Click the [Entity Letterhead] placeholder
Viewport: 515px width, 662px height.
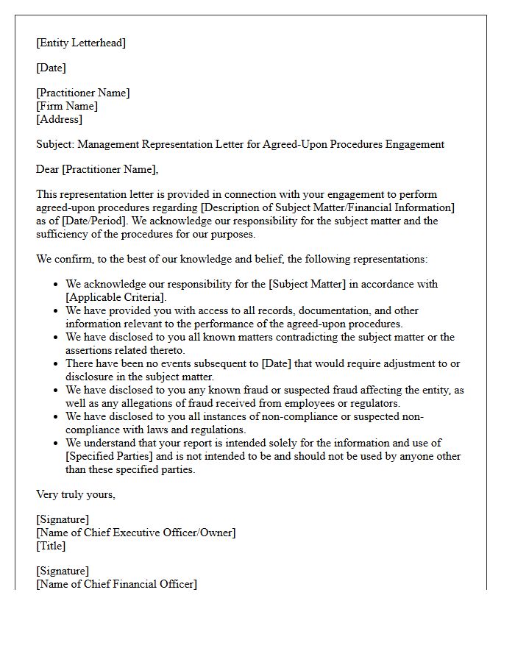tap(81, 43)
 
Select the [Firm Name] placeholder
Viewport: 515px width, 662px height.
tap(67, 106)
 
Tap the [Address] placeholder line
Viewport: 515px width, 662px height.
tap(60, 119)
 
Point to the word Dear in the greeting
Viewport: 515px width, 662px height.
tap(48, 169)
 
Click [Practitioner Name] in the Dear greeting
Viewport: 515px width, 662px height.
tap(110, 169)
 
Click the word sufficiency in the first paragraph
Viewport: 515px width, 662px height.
tap(63, 234)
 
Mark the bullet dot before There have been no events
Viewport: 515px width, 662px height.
tap(57, 364)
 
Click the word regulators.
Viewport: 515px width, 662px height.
tap(374, 403)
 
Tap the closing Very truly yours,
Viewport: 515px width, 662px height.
tap(76, 494)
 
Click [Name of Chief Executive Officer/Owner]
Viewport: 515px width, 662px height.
tap(136, 533)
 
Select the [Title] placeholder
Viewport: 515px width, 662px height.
tap(51, 546)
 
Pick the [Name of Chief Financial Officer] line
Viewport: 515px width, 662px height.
tap(116, 584)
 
